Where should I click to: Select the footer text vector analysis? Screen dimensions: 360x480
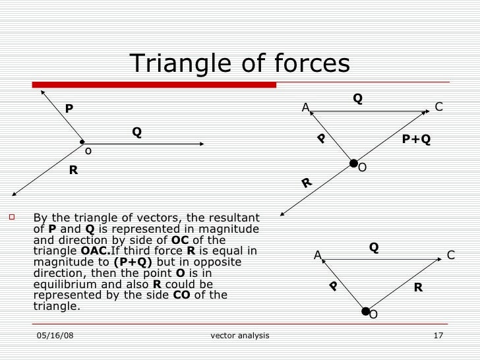click(239, 336)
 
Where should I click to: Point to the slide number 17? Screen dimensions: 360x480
click(438, 336)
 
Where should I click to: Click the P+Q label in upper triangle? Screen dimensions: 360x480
click(416, 139)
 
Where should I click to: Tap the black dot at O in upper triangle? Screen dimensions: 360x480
click(354, 163)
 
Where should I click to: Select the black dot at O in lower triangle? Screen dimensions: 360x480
click(365, 311)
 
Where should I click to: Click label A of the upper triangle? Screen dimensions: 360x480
click(305, 107)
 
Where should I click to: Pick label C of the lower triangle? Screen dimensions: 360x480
click(451, 255)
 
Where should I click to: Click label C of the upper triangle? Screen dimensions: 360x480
click(439, 107)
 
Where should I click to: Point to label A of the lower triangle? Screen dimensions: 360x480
click(317, 255)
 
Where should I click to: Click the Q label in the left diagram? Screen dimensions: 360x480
click(136, 132)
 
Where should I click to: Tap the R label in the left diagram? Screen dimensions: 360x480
click(74, 170)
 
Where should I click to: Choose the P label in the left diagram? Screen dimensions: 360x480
click(68, 108)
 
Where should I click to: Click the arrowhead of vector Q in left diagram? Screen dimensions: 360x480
click(201, 143)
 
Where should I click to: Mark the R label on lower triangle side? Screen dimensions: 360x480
click(418, 287)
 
